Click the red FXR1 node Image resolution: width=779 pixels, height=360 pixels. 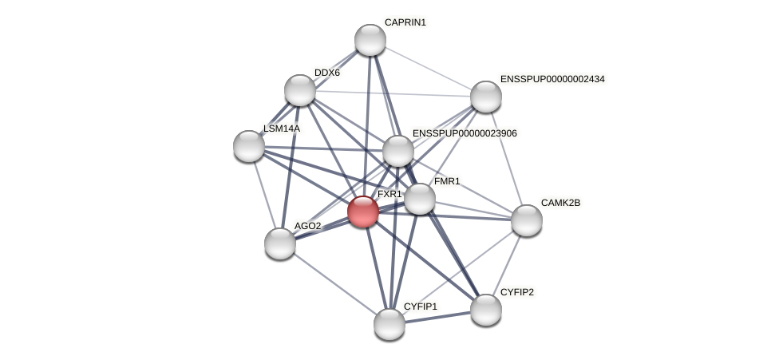pyautogui.click(x=363, y=212)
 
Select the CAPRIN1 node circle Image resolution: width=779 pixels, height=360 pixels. pyautogui.click(x=370, y=40)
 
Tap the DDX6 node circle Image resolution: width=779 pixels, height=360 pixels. pyautogui.click(x=300, y=90)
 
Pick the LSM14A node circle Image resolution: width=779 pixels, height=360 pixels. pyautogui.click(x=249, y=146)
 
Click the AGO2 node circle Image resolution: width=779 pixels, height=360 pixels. pyautogui.click(x=280, y=243)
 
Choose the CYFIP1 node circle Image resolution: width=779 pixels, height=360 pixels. pyautogui.click(x=389, y=323)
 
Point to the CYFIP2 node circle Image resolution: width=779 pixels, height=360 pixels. pyautogui.click(x=485, y=310)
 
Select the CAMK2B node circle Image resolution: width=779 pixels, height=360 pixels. pyautogui.click(x=527, y=220)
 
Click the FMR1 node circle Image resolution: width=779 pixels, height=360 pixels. pyautogui.click(x=420, y=199)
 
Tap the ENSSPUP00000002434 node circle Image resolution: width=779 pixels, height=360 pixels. pyautogui.click(x=485, y=97)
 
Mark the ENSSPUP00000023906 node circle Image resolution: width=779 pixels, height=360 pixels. pyautogui.click(x=398, y=151)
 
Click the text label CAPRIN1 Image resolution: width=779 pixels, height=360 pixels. pyautogui.click(x=405, y=22)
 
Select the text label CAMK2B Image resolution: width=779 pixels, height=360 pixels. pyautogui.click(x=560, y=203)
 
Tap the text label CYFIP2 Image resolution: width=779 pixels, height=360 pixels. pyautogui.click(x=516, y=292)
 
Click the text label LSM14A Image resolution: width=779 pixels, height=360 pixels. pyautogui.click(x=282, y=129)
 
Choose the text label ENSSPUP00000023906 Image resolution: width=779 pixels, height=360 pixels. pyautogui.click(x=465, y=133)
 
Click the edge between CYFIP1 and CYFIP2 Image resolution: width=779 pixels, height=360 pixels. pyautogui.click(x=437, y=316)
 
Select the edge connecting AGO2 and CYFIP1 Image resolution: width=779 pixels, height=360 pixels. pyautogui.click(x=335, y=283)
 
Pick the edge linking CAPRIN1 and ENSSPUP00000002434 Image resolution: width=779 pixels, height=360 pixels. pyautogui.click(x=428, y=68)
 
